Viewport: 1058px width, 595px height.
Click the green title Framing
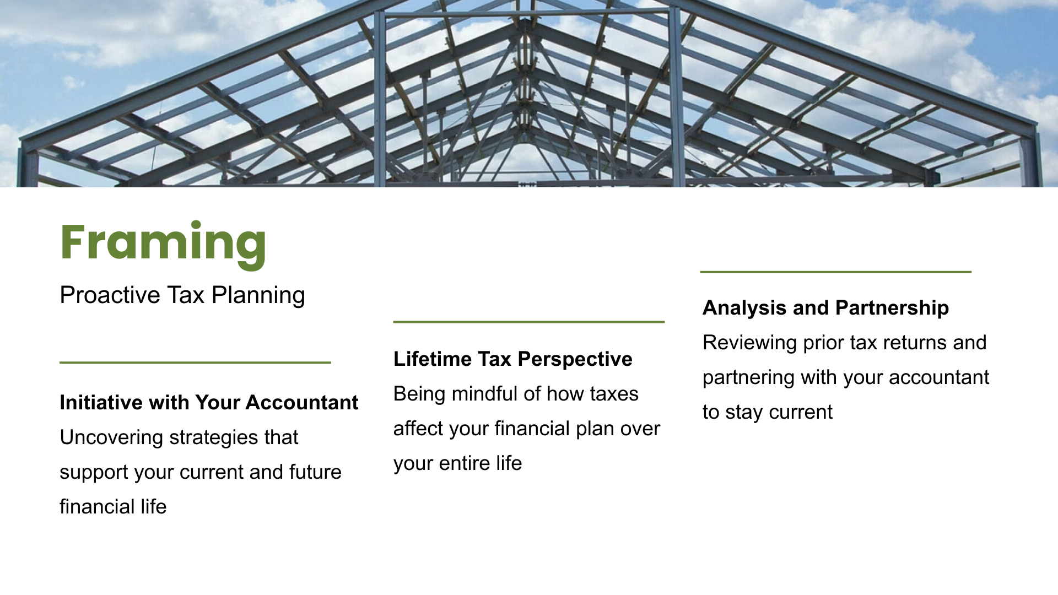(163, 244)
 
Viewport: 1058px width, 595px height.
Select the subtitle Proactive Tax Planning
(182, 295)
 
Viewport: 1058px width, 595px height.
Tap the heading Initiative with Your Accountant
(209, 403)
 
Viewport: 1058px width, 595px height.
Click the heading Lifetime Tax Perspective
(513, 359)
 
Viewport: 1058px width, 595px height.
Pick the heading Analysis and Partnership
(825, 308)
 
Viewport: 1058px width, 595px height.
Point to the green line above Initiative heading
(195, 363)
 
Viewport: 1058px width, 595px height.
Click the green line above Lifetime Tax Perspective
(529, 322)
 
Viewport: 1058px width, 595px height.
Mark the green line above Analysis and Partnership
(836, 272)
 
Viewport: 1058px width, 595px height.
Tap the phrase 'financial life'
(113, 507)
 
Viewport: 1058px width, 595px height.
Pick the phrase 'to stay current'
(768, 413)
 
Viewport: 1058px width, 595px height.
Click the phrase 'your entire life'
(457, 464)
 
